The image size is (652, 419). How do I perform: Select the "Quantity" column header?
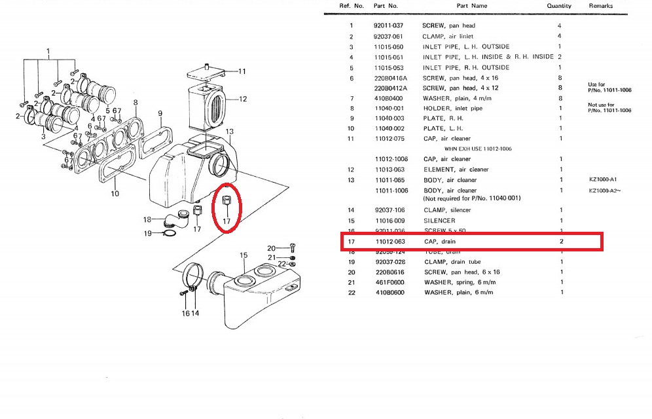click(558, 6)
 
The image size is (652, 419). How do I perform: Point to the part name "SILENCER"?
click(439, 221)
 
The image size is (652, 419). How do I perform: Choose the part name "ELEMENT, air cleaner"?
click(456, 170)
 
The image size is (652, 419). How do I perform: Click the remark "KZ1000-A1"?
click(604, 180)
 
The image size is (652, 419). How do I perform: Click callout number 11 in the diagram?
click(242, 71)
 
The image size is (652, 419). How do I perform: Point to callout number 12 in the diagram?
click(242, 100)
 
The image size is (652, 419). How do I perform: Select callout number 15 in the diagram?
click(243, 255)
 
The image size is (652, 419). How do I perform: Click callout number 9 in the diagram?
click(160, 115)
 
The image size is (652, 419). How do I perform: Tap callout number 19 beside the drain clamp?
click(148, 233)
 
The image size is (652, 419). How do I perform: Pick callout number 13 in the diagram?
click(230, 132)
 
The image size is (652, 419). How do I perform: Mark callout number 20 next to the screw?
click(271, 248)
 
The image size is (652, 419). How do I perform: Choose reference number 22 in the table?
click(351, 293)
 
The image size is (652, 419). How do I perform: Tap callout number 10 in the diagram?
click(115, 194)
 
